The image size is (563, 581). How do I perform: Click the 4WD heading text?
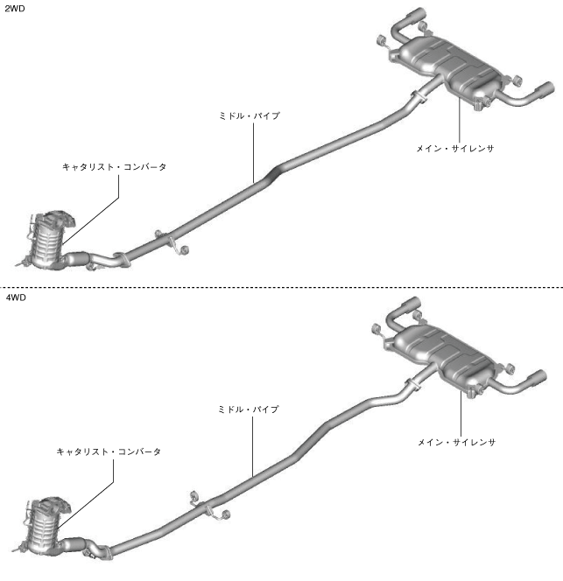pyautogui.click(x=14, y=297)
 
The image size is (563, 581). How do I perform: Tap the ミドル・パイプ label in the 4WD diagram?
pyautogui.click(x=250, y=409)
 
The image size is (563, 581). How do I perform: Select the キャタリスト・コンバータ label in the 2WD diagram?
pyautogui.click(x=114, y=165)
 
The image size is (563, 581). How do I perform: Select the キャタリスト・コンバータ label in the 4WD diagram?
pyautogui.click(x=109, y=451)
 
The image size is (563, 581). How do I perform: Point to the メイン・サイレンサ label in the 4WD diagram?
pyautogui.click(x=456, y=442)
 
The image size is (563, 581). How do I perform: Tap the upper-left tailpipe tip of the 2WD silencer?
pyautogui.click(x=415, y=16)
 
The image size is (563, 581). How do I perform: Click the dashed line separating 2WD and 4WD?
pyautogui.click(x=281, y=287)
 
